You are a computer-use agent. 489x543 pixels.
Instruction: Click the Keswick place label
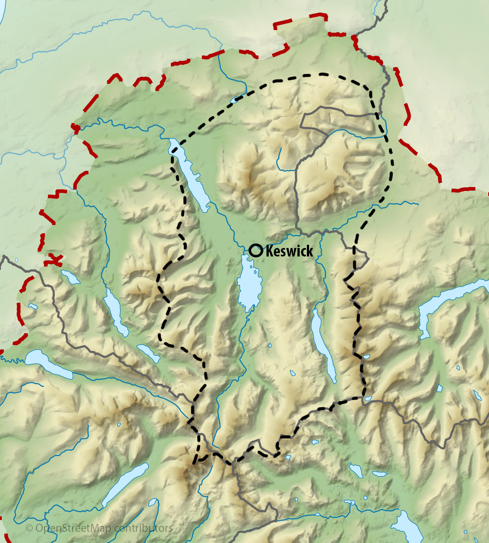pos(289,251)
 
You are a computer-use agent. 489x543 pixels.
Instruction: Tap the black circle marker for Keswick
pos(256,250)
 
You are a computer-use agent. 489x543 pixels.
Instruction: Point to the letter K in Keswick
pos(270,251)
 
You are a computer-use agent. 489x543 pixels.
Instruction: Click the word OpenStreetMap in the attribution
pos(74,528)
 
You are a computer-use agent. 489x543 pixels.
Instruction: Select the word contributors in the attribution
pos(143,528)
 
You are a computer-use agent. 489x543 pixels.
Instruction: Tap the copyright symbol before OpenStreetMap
pos(29,529)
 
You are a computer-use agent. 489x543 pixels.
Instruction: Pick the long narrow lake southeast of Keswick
pos(324,345)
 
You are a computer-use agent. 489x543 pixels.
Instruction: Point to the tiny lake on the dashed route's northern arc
pos(236,100)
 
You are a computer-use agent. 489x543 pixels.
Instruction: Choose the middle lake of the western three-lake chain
pos(116,312)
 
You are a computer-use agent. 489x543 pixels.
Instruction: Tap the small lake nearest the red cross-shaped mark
pos(70,277)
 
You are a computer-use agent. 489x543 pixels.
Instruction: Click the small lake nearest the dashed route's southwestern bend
pos(148,353)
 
